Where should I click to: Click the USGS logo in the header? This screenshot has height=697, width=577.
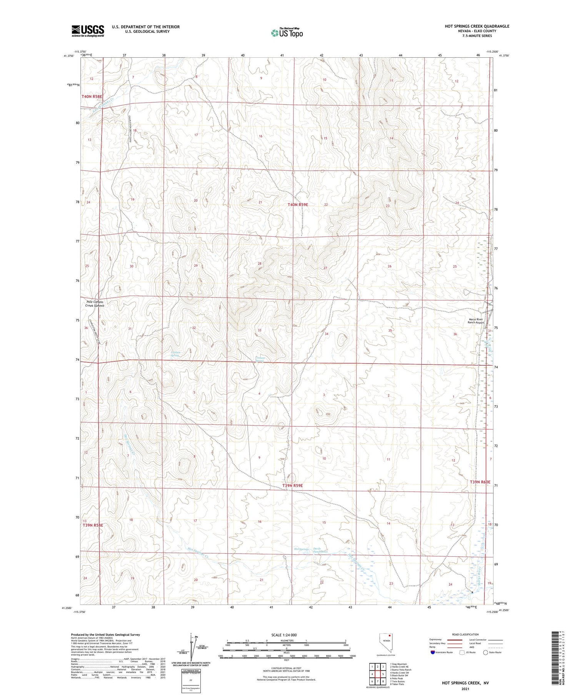[88, 31]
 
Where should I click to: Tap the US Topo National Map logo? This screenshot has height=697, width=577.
[287, 33]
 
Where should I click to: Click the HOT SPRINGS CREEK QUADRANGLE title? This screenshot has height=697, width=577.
[477, 26]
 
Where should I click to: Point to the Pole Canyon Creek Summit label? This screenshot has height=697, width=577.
[95, 304]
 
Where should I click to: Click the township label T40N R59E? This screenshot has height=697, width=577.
[298, 205]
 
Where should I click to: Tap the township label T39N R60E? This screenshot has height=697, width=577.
[480, 482]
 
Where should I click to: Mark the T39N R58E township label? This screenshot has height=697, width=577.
[92, 525]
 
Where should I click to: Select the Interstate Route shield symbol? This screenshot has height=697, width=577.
[433, 652]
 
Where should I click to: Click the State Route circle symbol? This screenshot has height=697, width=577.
[485, 652]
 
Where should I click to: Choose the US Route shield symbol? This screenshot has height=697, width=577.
[462, 652]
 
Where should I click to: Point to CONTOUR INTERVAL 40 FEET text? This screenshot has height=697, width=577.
[287, 668]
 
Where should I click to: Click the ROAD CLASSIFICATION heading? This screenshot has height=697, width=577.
[465, 635]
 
